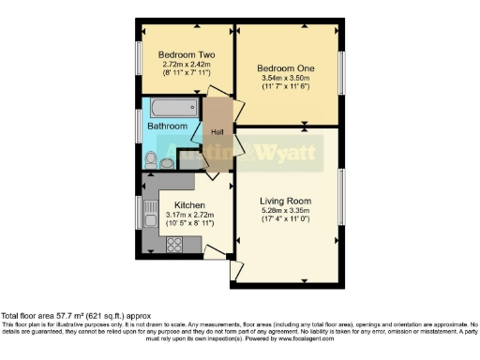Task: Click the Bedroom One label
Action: coord(286,68)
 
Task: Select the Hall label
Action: coord(217,132)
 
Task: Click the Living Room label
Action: coord(286,201)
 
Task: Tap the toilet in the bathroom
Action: coord(151,158)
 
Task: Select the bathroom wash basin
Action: coord(168,162)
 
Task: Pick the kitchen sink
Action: coord(149,214)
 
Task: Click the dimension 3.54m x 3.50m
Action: coord(286,79)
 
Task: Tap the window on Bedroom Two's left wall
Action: coord(139,62)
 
